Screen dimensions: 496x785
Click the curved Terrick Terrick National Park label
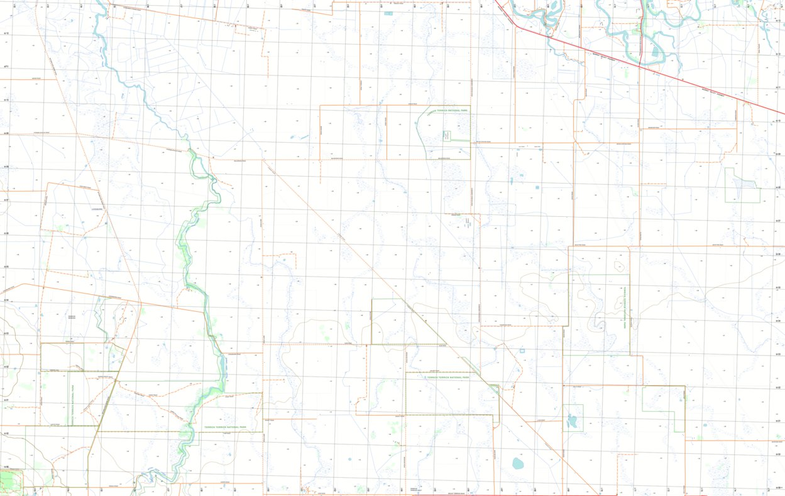447,110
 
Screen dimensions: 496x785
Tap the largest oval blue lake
518,464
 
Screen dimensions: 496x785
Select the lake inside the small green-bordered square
572,421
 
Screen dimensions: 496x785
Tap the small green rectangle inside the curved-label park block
447,136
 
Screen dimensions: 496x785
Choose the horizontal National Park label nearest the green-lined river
224,427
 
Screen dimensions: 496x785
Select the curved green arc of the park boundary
420,129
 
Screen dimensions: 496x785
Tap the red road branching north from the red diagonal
640,31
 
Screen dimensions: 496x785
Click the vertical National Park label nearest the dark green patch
74,405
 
